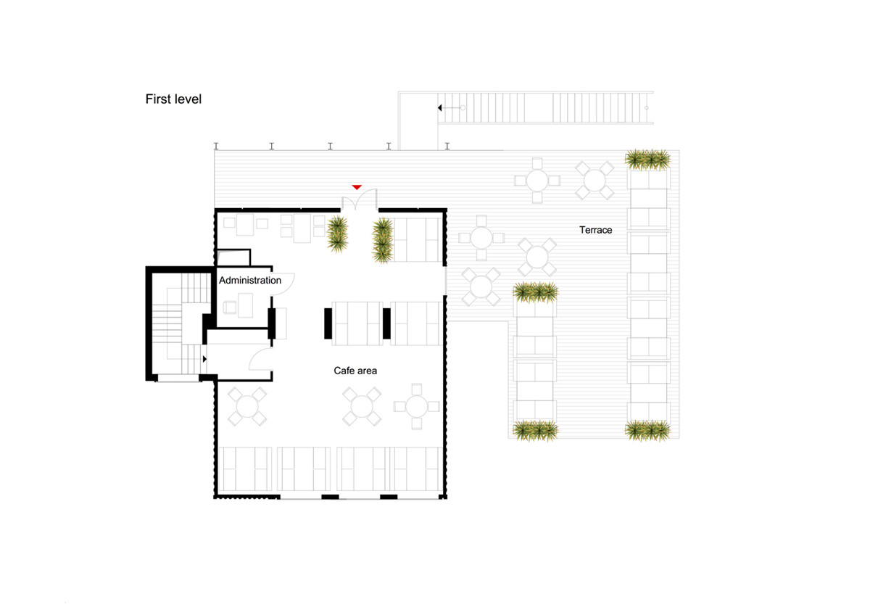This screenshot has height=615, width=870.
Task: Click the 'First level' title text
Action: coord(173,99)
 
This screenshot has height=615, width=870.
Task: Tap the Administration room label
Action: coord(249,281)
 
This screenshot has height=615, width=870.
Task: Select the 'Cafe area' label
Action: coord(355,371)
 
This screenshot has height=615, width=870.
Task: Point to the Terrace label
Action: coord(595,230)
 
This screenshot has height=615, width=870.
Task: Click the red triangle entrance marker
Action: coord(357,187)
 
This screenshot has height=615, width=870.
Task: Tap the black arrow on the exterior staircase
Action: coord(440,108)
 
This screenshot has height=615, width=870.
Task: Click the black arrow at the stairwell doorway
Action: coord(205,358)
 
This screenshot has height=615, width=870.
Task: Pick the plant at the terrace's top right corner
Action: coord(647,160)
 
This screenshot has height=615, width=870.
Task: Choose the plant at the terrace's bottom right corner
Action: coord(647,430)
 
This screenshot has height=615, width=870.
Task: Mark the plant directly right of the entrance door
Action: coord(382,239)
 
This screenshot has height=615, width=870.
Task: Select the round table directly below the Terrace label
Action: coord(536,256)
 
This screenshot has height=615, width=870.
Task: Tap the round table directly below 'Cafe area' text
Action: coord(362,405)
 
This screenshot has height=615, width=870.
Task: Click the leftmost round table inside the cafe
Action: coord(248,405)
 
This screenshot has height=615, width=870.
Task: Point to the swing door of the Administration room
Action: coord(284,282)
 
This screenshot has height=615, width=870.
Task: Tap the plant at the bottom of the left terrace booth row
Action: coord(536,431)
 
